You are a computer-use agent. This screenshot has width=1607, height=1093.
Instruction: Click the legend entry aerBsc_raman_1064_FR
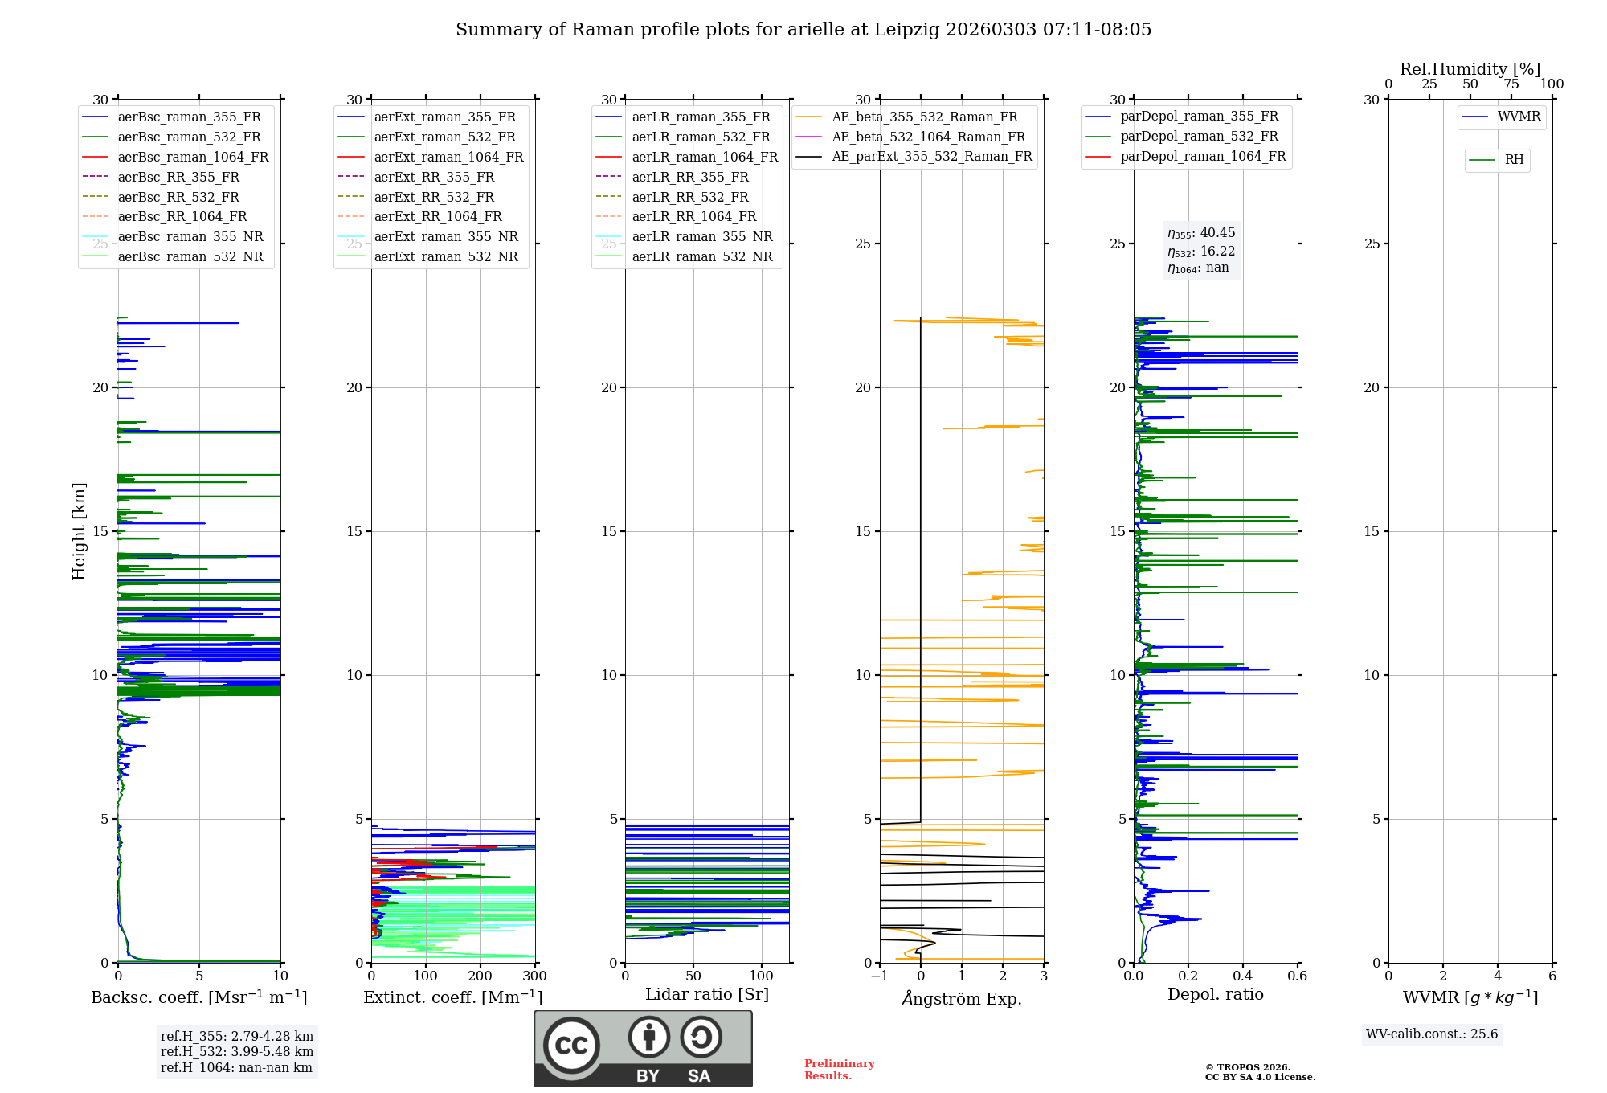coord(193,158)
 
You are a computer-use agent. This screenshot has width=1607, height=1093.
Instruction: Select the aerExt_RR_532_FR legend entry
coord(434,197)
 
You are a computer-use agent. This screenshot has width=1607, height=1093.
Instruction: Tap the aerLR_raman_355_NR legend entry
coord(701,237)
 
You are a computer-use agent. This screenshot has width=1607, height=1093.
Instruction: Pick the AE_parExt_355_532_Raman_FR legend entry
coord(931,157)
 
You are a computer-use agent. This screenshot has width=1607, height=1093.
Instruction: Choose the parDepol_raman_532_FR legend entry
coord(1199,137)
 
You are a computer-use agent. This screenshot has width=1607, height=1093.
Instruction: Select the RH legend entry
coord(1514,160)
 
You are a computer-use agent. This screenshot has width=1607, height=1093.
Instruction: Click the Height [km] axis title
coord(79,531)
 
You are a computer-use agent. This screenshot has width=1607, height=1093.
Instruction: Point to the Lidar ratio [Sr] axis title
coord(707,994)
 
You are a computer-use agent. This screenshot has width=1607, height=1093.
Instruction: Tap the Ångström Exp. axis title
coord(962,998)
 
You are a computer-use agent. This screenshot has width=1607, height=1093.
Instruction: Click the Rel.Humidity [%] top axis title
coord(1470,69)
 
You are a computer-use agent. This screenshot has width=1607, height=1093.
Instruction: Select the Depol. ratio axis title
coord(1215,994)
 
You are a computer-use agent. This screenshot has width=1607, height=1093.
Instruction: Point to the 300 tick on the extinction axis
coord(534,976)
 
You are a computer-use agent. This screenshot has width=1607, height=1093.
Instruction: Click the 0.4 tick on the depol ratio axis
coord(1243,976)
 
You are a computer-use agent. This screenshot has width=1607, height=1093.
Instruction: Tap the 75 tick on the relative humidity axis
coord(1511,84)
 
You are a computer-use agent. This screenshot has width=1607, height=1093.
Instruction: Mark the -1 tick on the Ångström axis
coord(879,976)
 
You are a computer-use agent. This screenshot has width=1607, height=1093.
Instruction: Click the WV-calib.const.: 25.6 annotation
coord(1432,1034)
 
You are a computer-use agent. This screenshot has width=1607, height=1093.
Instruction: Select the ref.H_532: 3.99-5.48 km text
coord(237,1052)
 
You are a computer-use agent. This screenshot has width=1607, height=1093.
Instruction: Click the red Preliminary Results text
coord(839,1070)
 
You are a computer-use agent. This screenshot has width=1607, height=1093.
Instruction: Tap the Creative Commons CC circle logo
coord(571,1046)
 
